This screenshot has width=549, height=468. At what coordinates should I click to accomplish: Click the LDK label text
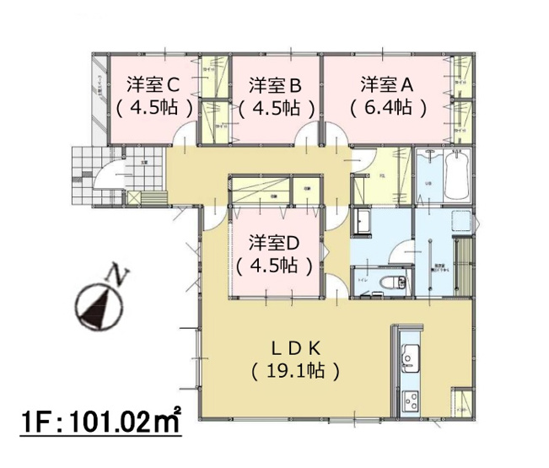[x=295, y=347]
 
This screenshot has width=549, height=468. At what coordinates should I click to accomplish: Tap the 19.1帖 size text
[x=295, y=369]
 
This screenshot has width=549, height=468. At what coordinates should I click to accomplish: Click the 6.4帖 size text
[x=387, y=108]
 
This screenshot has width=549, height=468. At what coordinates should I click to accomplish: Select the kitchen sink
[x=409, y=358]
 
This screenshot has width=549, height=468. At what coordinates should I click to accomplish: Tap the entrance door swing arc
[x=105, y=178]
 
